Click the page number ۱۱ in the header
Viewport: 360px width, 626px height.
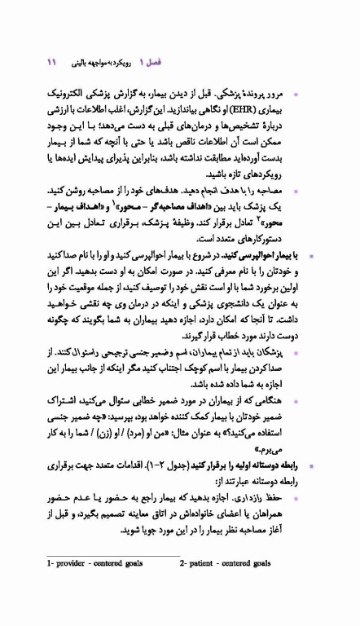click(x=50, y=62)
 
